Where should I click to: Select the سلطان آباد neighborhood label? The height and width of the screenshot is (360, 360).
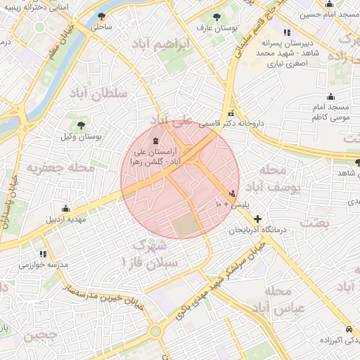click(97, 93)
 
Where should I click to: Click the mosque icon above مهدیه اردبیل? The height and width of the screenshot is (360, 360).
click(66, 208)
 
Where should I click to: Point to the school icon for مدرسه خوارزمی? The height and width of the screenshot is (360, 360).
click(44, 254)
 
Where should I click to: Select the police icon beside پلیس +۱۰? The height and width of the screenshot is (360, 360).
click(232, 193)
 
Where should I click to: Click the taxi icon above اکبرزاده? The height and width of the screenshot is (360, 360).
click(349, 329)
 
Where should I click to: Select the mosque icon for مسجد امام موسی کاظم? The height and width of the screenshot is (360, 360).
click(330, 97)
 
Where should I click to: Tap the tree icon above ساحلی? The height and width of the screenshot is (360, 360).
click(103, 16)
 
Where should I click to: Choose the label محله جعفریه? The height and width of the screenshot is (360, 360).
click(51, 169)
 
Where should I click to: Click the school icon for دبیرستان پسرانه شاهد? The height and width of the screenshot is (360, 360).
click(286, 32)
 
